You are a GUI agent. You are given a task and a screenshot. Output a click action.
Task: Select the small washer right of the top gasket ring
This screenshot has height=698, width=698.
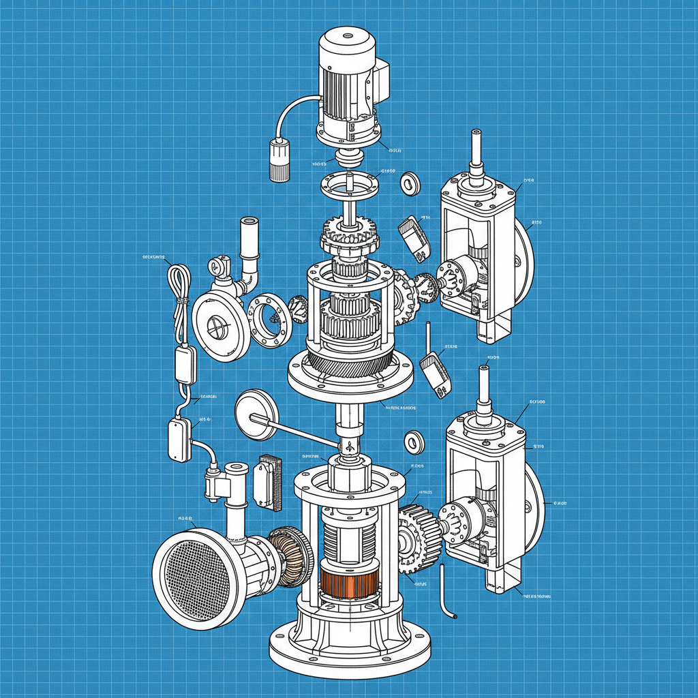(410, 183)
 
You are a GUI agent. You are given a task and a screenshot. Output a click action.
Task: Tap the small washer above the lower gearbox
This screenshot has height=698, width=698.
(414, 442)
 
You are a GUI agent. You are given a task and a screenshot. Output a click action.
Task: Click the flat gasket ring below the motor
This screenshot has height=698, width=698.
(349, 183)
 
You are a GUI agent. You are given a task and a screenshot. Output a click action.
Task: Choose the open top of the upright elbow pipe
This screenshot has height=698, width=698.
(248, 221)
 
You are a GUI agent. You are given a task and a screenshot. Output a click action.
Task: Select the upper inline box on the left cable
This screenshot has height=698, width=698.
(185, 365)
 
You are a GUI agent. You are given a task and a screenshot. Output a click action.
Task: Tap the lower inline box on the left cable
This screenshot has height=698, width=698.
(179, 440)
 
